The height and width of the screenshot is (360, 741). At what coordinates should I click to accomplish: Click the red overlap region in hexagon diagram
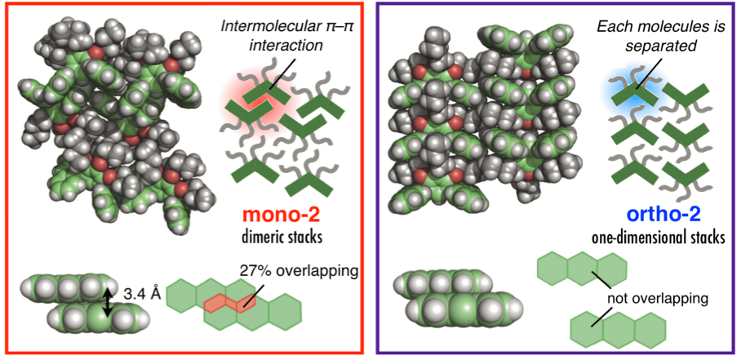229,303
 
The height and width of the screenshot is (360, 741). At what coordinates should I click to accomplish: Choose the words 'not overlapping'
657,299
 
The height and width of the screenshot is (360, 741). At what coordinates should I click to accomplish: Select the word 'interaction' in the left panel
287,46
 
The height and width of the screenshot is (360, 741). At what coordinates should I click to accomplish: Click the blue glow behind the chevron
632,90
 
